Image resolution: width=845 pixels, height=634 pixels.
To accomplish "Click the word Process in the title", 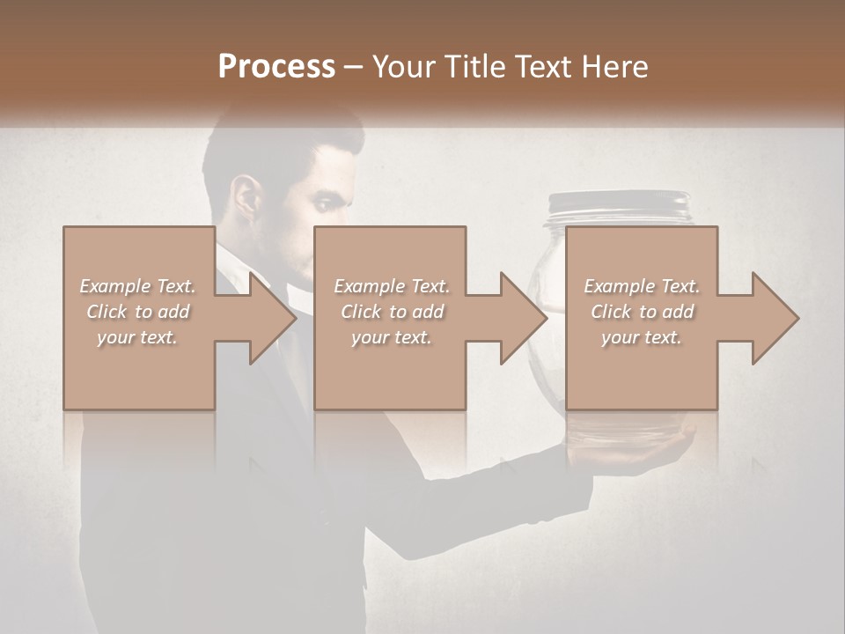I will pos(276,67).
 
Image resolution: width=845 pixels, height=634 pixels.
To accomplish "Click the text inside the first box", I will pos(137,312).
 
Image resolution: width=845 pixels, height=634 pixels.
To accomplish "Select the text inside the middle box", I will pos(391,312).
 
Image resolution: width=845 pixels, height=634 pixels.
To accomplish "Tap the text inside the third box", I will pos(642,312).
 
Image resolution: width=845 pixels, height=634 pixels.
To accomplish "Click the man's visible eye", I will pos(321,203).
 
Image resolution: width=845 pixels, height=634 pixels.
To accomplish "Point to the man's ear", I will pos(244,199).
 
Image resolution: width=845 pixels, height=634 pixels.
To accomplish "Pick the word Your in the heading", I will pos(401,67).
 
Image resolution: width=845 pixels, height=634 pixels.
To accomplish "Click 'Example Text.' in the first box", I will pos(137,286).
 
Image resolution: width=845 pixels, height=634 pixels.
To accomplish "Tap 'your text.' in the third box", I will pos(642,337).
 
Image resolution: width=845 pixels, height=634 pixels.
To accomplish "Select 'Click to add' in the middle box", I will pos(391,312).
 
